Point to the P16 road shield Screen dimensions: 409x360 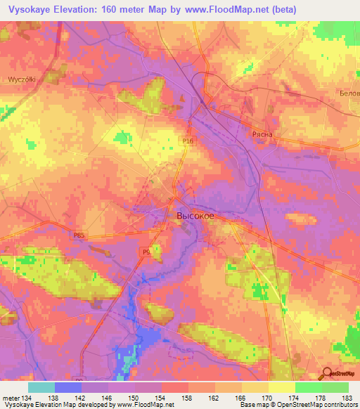point(186,142)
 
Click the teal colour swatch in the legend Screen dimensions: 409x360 point(41,387)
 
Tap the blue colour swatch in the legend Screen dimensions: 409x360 point(68,387)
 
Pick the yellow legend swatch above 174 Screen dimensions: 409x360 point(282,387)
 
